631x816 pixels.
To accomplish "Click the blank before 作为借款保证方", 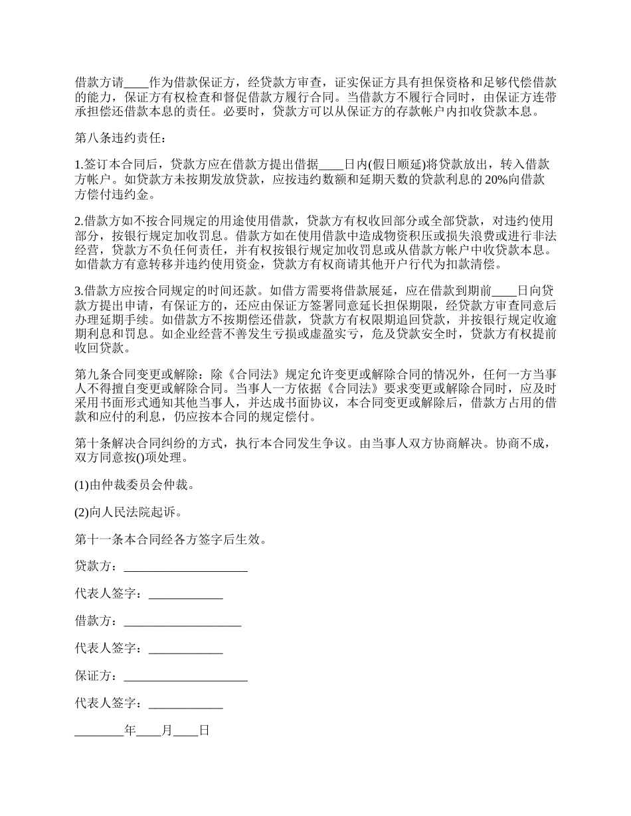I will tap(136, 83).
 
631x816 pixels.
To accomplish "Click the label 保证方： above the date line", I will tap(98, 677).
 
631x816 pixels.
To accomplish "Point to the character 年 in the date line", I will tap(130, 731).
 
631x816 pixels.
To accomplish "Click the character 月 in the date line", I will tap(167, 731).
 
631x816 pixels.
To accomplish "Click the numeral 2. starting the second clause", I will tap(78, 221).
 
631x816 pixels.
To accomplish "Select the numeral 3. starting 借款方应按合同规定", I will tap(78, 291).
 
